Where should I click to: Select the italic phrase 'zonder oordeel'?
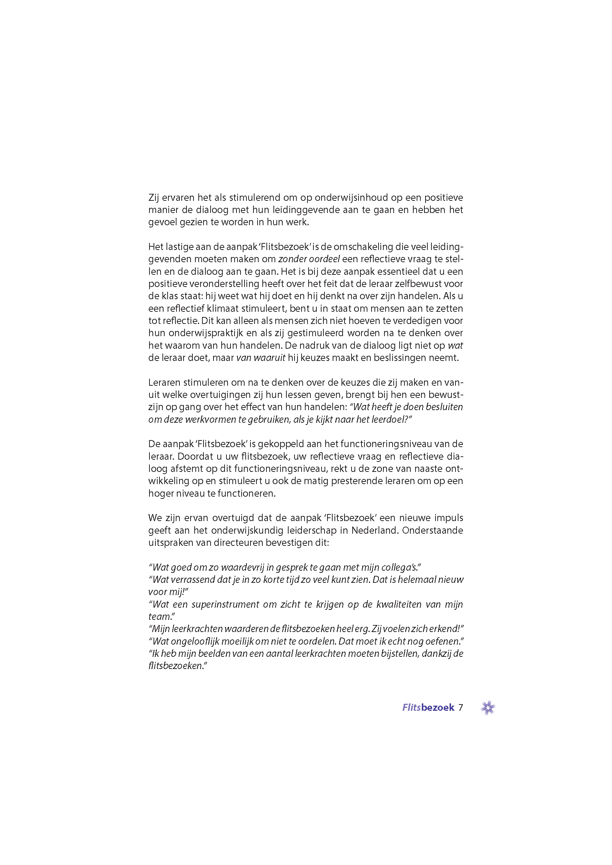(x=309, y=259)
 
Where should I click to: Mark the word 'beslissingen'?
(x=404, y=358)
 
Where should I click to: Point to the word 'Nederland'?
(x=374, y=530)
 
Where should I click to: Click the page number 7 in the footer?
(x=461, y=707)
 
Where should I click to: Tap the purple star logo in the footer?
(x=488, y=707)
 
